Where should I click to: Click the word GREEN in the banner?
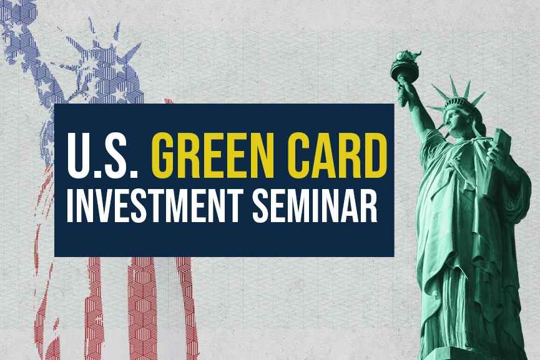(x=212, y=155)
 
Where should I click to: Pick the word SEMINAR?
(x=315, y=207)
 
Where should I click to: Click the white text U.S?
(x=102, y=155)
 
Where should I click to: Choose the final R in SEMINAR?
(x=368, y=207)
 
